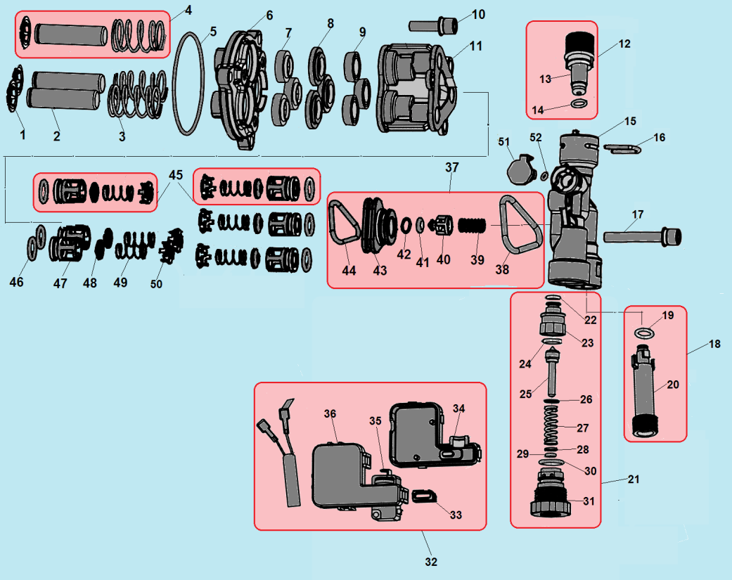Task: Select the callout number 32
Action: [430, 562]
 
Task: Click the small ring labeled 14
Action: [578, 103]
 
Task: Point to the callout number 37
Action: [451, 167]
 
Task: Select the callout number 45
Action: [175, 174]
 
